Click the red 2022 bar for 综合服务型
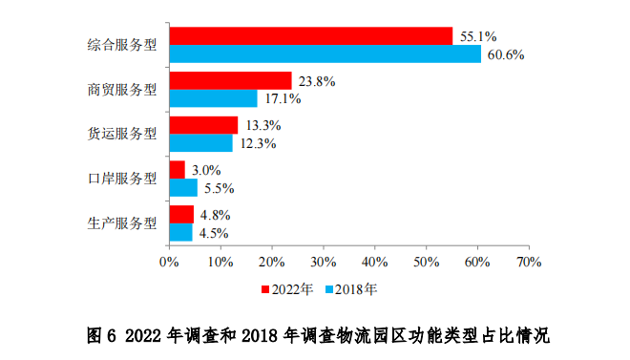(x=310, y=36)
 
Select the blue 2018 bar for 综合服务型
(x=325, y=54)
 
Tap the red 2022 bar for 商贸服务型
(x=230, y=80)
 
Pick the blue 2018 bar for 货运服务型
(x=200, y=143)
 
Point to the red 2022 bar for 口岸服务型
(x=177, y=169)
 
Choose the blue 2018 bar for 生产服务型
(x=180, y=232)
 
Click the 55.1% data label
(x=478, y=36)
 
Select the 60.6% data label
(x=506, y=54)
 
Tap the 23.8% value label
(x=316, y=81)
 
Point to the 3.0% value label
(x=206, y=170)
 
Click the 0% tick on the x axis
(x=169, y=261)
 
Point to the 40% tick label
(x=374, y=261)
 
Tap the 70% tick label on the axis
(x=528, y=261)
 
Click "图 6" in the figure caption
(x=100, y=335)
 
